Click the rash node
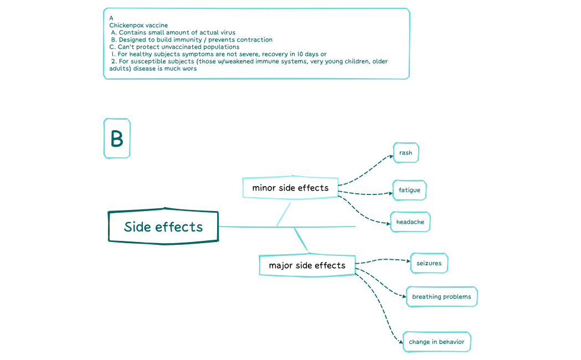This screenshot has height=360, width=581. [x=405, y=153]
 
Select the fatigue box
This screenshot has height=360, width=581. [x=409, y=190]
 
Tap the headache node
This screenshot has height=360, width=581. [x=410, y=222]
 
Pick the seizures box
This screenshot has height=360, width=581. [x=429, y=263]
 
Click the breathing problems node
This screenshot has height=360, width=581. [x=441, y=296]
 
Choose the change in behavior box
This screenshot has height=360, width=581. [x=436, y=342]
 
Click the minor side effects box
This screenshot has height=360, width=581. [x=290, y=188]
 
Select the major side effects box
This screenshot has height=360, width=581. [x=307, y=265]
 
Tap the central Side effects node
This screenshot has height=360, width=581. [x=163, y=227]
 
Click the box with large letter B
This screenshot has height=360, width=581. [x=117, y=138]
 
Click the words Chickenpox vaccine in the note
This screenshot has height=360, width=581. [x=138, y=25]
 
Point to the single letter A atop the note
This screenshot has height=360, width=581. [x=111, y=18]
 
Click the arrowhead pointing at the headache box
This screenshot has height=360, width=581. [x=389, y=223]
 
